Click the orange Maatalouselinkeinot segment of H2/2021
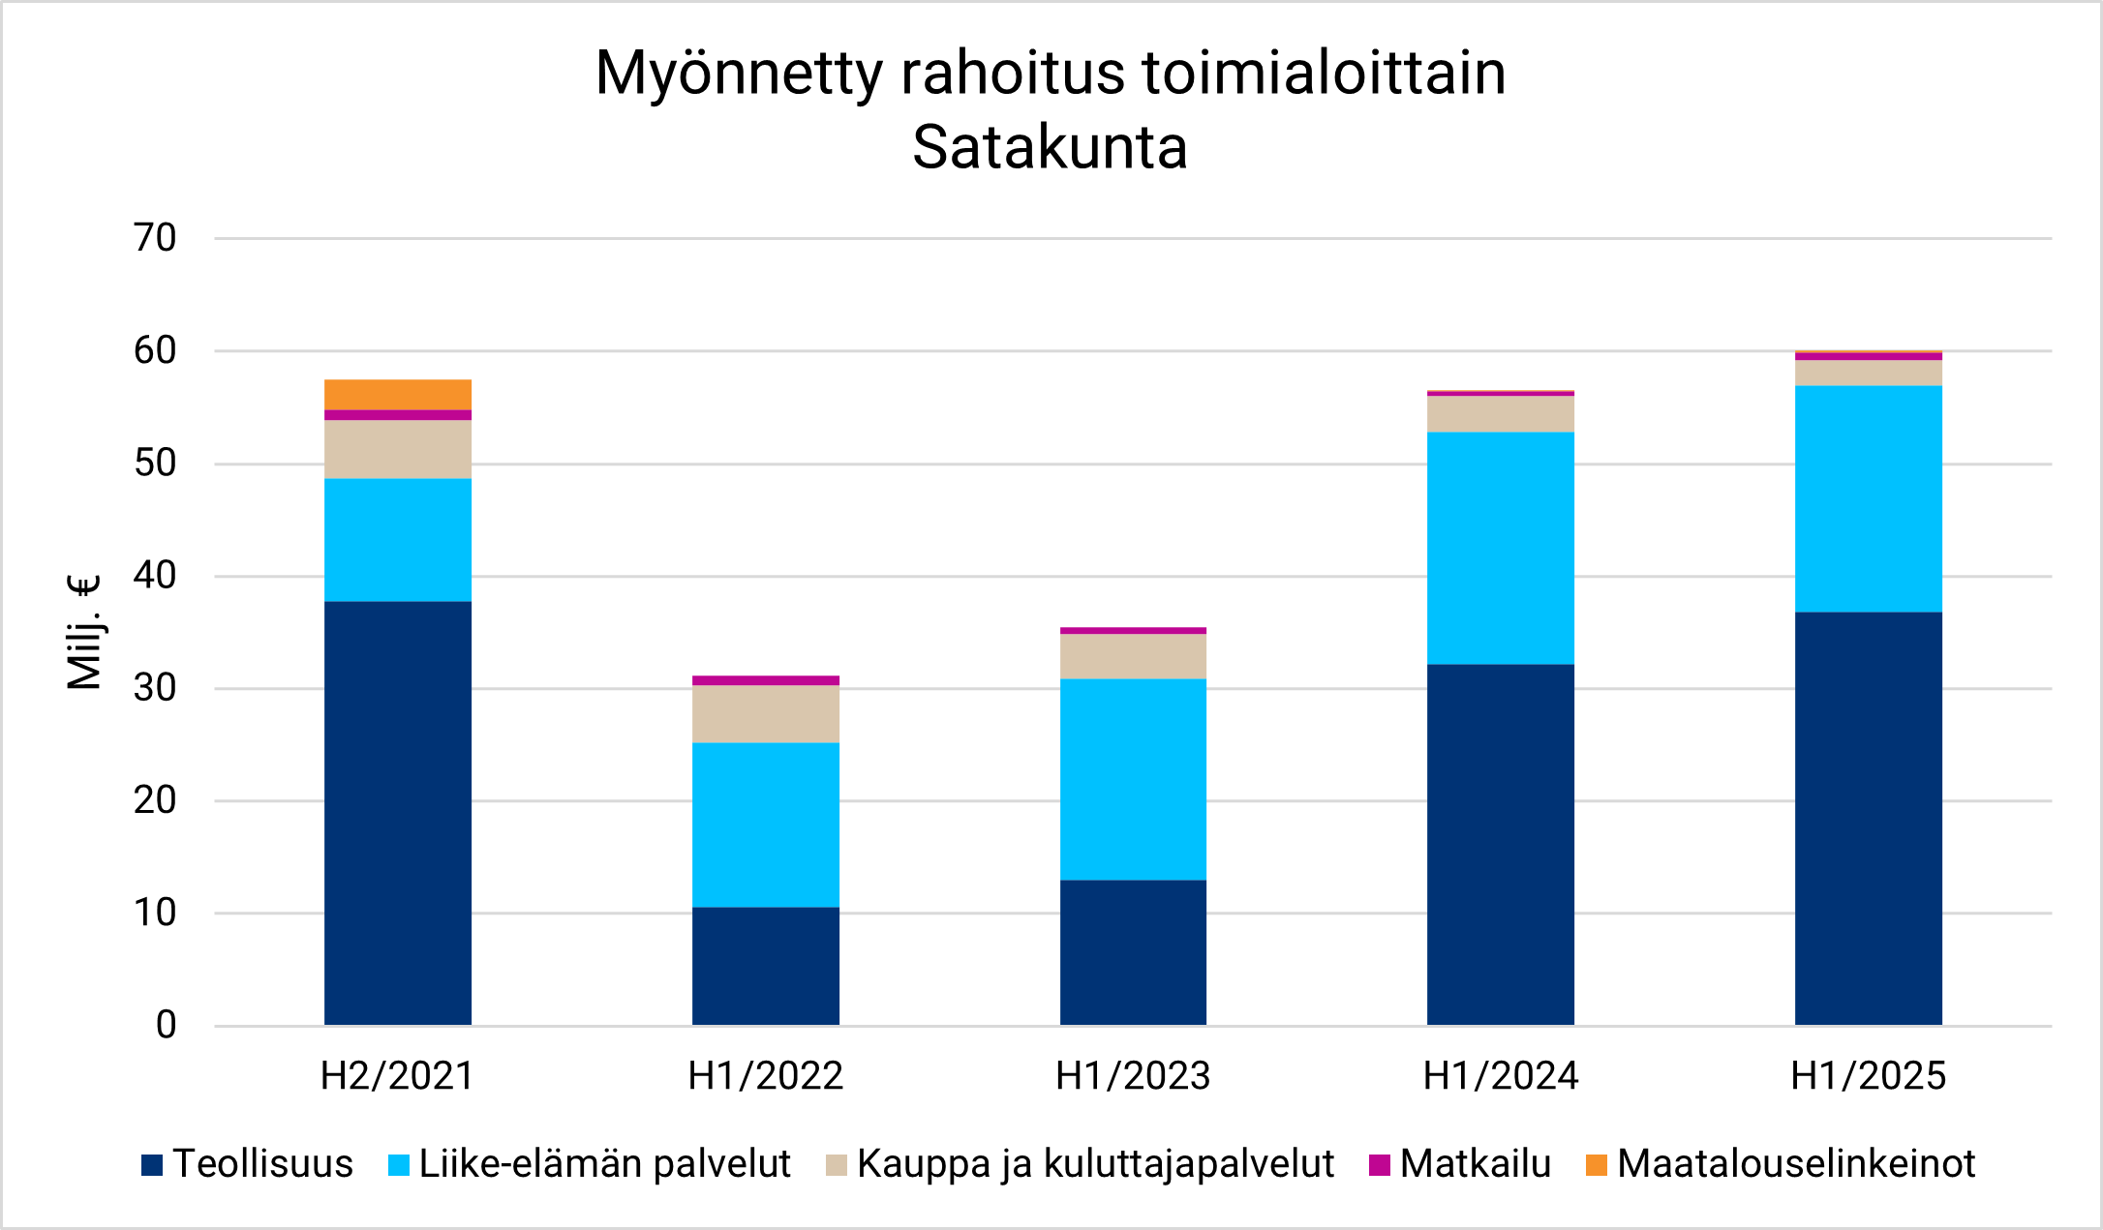point(398,395)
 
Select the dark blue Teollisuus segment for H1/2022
point(766,966)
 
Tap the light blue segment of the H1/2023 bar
point(1133,779)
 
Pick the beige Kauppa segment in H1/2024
point(1501,414)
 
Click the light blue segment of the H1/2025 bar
point(1869,498)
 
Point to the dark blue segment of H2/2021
point(398,813)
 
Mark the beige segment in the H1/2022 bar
point(766,714)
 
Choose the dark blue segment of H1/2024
point(1501,844)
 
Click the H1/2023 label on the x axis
point(1133,1076)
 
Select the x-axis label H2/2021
point(398,1076)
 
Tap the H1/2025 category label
point(1869,1076)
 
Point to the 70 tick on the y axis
point(155,238)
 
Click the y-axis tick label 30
point(155,688)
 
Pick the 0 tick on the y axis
point(166,1025)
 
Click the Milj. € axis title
point(84,632)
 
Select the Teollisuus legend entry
point(248,1164)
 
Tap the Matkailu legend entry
point(1462,1164)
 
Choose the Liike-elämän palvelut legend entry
point(590,1164)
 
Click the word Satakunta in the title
point(1051,147)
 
